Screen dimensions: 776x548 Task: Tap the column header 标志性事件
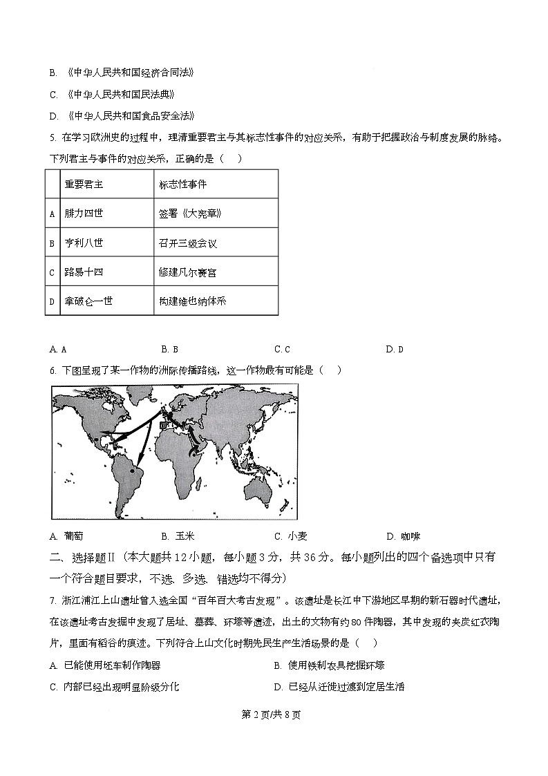[x=182, y=184]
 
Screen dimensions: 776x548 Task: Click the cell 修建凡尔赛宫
[x=187, y=272]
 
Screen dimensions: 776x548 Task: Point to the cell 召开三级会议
[x=187, y=243]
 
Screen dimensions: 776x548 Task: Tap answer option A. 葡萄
[x=67, y=536]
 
